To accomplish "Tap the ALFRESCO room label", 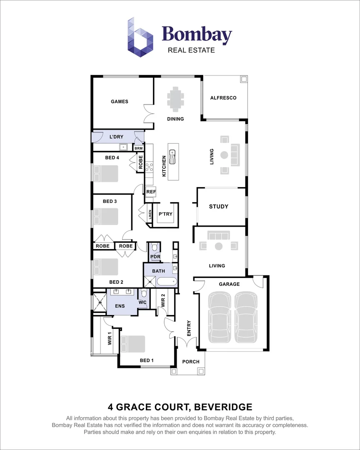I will click(223, 98).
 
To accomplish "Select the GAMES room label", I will click(120, 101).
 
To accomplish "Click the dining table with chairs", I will click(175, 99).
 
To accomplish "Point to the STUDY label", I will click(219, 206).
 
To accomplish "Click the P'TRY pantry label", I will click(165, 214).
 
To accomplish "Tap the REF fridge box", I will click(151, 192).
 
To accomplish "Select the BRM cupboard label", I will click(138, 148).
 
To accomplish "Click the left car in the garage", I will click(220, 317).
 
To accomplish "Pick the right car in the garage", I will click(246, 317).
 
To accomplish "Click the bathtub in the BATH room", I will click(167, 282).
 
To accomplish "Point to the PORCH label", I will click(191, 362).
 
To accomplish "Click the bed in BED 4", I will click(106, 173).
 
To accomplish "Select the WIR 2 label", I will click(163, 300).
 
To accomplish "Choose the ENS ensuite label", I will click(120, 306).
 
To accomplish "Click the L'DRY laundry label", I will click(116, 137).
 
